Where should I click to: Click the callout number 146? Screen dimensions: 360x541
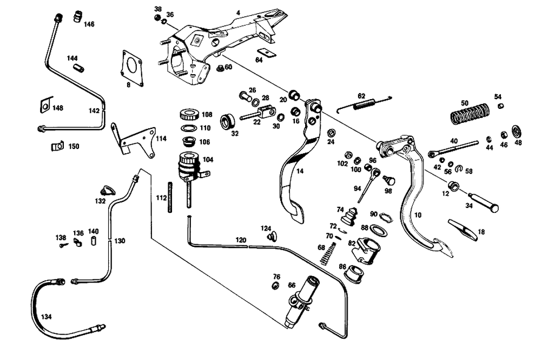tap(89, 24)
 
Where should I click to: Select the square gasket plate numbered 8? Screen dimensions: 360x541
tap(131, 67)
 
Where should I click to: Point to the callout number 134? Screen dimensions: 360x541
tap(47, 316)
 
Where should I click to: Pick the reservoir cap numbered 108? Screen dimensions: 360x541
tap(188, 115)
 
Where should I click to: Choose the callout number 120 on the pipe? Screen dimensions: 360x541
tap(240, 240)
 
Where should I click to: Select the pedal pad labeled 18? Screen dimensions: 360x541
tap(464, 228)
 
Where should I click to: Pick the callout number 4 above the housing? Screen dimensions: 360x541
tap(238, 12)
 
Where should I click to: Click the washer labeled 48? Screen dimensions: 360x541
tap(517, 130)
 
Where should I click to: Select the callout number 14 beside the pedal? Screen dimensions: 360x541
tap(300, 171)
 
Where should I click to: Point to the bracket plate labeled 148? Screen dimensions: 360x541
tap(45, 104)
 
